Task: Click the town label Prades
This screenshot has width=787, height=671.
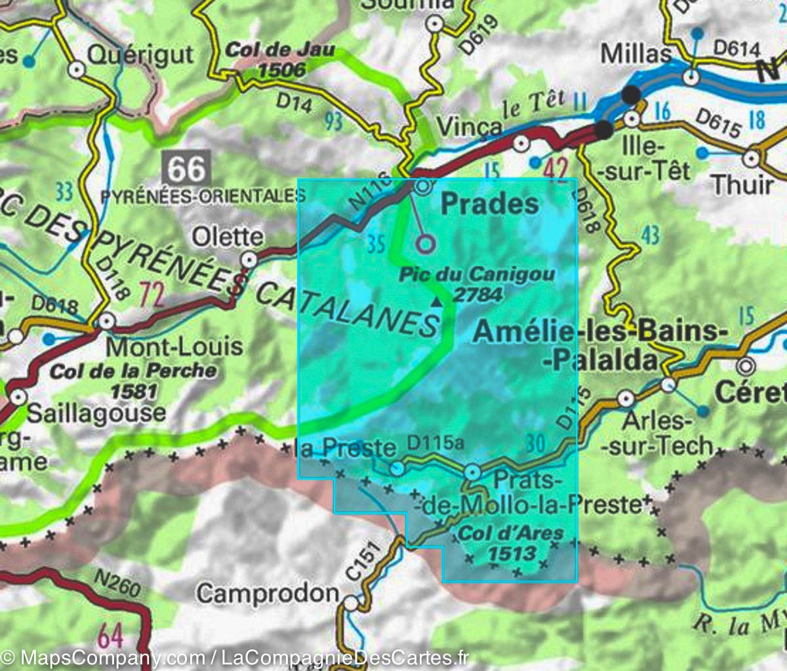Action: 489,204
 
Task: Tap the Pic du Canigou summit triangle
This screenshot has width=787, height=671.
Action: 436,301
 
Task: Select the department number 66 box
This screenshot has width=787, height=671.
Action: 188,169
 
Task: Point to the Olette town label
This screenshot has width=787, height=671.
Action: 228,237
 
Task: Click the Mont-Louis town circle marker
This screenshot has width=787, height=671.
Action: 107,321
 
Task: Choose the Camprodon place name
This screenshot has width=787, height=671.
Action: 268,594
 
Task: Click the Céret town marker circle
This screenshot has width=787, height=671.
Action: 746,365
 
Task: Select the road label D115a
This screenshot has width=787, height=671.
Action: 435,443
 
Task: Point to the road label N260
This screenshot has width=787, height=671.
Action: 117,584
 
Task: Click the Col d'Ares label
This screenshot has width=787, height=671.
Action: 511,542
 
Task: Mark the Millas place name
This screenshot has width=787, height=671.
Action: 636,54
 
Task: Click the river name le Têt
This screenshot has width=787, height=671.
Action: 533,105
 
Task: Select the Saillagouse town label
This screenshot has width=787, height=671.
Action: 96,413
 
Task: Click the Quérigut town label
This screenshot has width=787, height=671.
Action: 140,54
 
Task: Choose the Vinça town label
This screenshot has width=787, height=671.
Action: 468,127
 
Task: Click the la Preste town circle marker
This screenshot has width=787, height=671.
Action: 397,468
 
